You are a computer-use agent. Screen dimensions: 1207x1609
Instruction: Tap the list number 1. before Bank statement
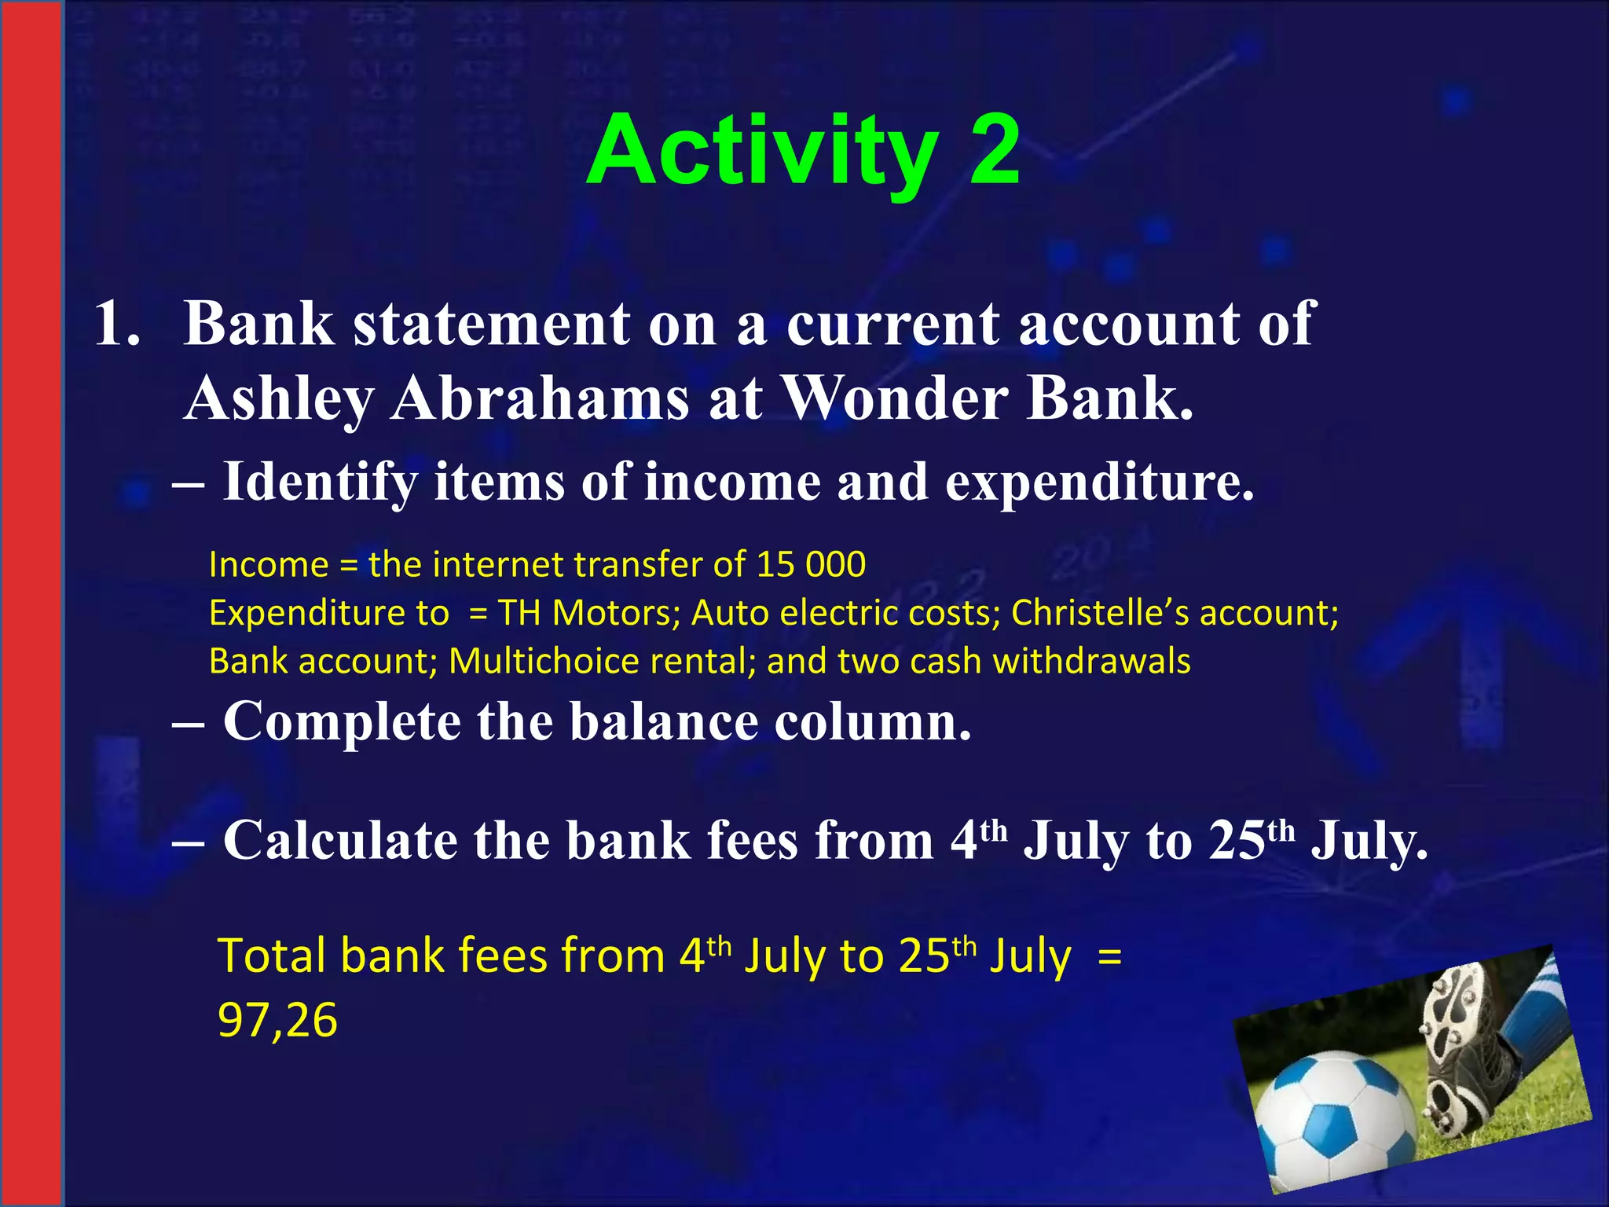tap(118, 324)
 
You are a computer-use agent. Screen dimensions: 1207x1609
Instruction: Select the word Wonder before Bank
tap(896, 398)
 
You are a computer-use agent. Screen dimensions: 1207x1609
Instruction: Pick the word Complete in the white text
tap(342, 721)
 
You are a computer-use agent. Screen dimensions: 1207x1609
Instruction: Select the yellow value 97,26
tap(277, 1021)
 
